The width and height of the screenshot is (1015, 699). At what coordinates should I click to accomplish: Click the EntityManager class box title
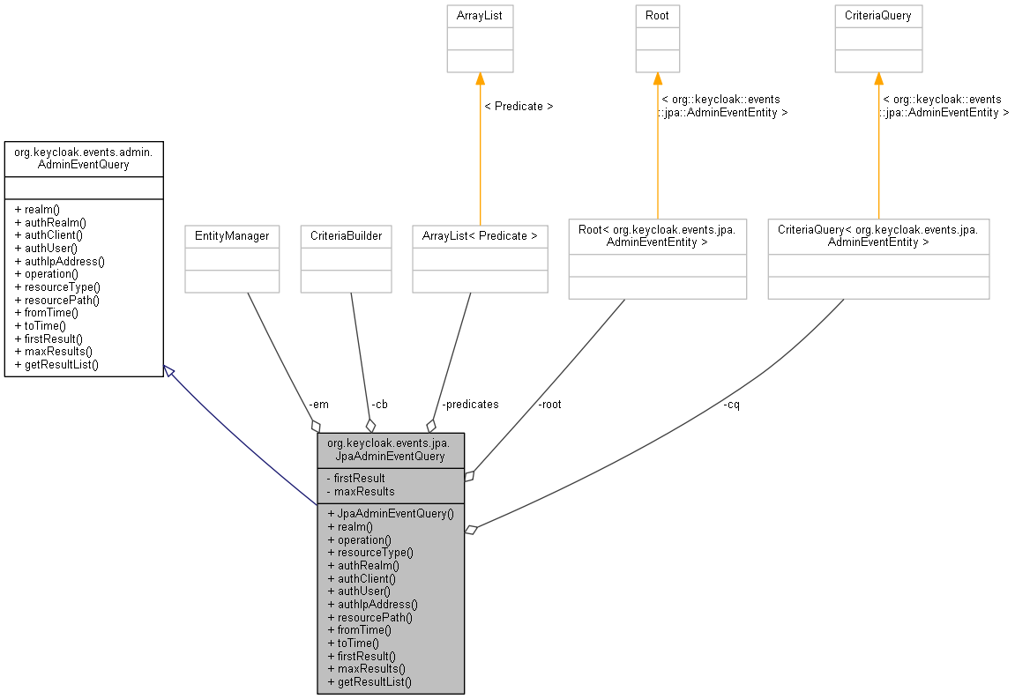[232, 236]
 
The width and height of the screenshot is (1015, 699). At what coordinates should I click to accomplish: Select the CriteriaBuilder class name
[347, 236]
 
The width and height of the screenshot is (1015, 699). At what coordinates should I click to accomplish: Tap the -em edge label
[318, 405]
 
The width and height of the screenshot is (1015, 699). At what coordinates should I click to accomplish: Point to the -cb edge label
[379, 405]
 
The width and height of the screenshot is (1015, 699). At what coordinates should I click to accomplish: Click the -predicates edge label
[470, 405]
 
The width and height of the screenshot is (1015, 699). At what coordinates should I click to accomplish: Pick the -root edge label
[549, 405]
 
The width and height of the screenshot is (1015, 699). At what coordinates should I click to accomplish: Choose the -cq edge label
[731, 405]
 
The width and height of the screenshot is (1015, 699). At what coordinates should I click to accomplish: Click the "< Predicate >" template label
[519, 106]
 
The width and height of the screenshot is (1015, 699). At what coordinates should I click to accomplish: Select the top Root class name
[657, 16]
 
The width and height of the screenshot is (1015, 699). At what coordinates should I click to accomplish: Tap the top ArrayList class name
[480, 16]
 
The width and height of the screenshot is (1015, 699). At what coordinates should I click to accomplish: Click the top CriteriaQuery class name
[877, 16]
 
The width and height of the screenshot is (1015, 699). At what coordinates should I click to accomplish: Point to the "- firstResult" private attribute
[356, 479]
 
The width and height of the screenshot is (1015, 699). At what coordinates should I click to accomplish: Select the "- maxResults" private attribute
[361, 491]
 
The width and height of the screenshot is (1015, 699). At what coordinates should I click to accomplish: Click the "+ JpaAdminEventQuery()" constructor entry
[391, 514]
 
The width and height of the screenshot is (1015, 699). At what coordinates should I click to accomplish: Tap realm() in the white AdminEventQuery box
[37, 210]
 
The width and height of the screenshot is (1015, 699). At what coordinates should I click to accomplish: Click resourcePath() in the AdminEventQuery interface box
[57, 301]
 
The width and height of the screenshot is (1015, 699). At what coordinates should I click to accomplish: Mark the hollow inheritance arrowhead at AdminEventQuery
[168, 371]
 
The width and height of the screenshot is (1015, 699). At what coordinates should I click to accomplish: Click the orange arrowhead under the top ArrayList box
[480, 78]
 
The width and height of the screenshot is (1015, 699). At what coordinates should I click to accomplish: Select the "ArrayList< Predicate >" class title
[480, 236]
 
